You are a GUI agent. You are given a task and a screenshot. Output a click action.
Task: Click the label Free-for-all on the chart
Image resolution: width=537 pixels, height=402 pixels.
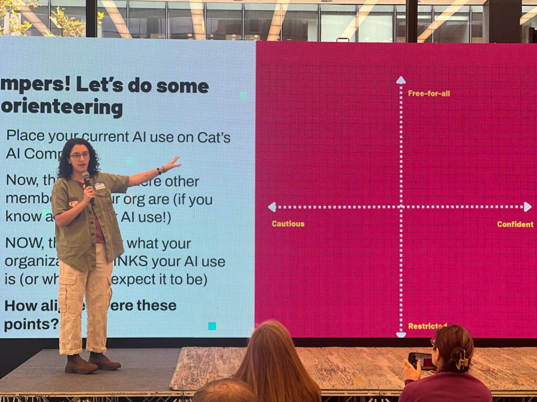428,94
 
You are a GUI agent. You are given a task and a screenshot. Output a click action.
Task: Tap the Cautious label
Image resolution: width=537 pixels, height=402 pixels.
288,224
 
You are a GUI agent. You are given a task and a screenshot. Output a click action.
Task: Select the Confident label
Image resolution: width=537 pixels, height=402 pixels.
515,225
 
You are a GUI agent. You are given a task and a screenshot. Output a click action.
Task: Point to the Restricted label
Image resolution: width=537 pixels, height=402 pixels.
427,326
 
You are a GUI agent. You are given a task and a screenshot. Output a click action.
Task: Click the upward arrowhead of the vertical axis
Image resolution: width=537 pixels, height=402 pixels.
401,80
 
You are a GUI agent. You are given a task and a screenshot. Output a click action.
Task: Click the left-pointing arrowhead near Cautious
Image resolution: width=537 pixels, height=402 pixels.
272,207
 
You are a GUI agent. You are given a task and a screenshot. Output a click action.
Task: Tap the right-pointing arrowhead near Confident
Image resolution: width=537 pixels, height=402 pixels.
527,207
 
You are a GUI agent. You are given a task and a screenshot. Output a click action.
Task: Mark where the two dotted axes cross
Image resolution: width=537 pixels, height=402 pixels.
401,207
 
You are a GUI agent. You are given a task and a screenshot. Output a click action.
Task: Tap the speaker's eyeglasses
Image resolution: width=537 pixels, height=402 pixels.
79,155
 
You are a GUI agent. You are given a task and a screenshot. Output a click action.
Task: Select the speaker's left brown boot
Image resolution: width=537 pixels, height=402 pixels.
81,364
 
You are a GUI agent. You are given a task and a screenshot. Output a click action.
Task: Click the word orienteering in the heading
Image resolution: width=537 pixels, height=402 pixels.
62,108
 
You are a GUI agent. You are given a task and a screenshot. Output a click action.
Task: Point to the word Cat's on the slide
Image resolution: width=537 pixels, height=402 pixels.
213,137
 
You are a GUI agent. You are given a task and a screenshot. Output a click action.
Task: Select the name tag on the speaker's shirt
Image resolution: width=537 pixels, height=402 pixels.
99,185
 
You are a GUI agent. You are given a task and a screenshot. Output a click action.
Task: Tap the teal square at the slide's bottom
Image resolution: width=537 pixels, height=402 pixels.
212,326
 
